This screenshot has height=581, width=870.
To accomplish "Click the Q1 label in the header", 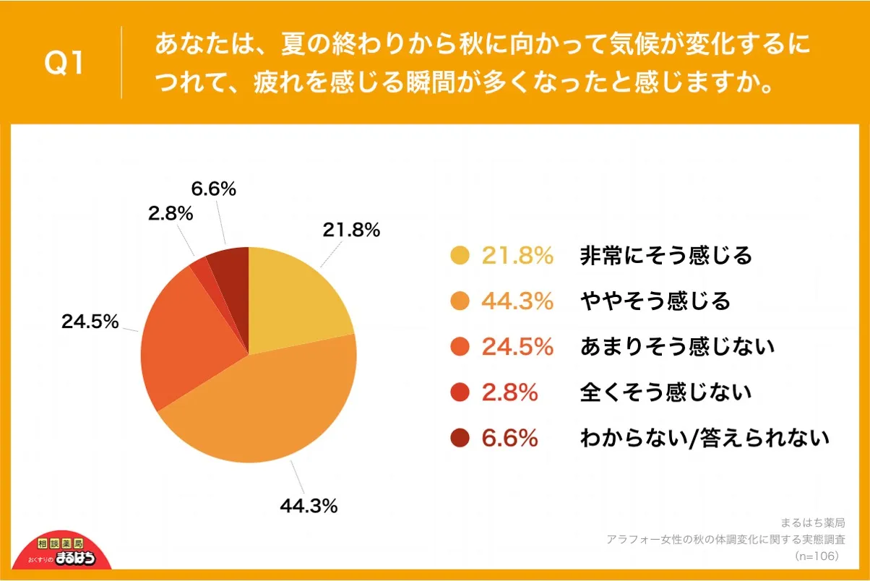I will tap(64, 64).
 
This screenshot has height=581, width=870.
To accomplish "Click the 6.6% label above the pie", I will tap(214, 189).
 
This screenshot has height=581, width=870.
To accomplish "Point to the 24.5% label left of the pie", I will tap(90, 322).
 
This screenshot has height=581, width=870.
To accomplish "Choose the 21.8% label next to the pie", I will tap(351, 231).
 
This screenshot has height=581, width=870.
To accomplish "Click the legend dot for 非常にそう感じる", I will tap(460, 256).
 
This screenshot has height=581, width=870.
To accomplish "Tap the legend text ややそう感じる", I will tap(655, 301).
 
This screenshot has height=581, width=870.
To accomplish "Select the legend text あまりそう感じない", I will tap(677, 347).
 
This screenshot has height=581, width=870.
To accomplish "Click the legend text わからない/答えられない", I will tap(705, 438).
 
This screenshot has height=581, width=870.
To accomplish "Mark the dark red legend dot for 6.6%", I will tap(460, 438).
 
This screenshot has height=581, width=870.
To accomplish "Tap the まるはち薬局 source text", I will tap(813, 522).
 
